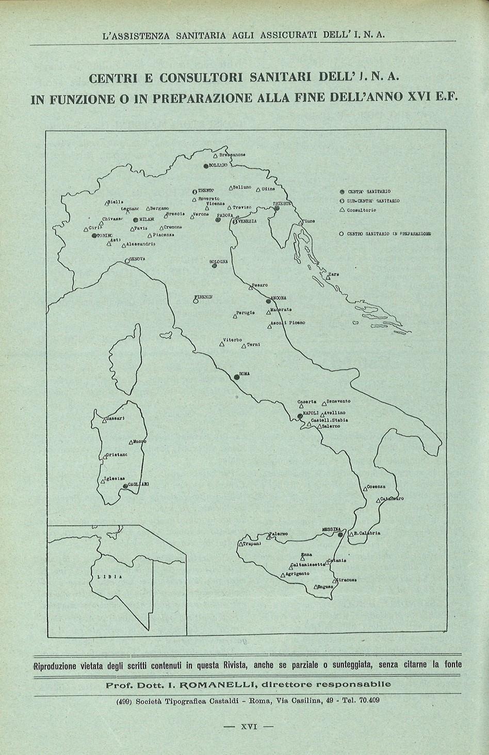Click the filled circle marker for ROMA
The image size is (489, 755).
pyautogui.click(x=237, y=376)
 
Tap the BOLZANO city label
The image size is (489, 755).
pyautogui.click(x=218, y=166)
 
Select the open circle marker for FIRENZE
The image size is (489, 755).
pyautogui.click(x=196, y=301)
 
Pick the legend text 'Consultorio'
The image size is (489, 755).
pyautogui.click(x=362, y=210)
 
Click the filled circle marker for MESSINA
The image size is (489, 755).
pyautogui.click(x=340, y=535)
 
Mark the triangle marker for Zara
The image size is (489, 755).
pyautogui.click(x=328, y=277)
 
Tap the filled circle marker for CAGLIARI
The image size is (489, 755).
pyautogui.click(x=125, y=485)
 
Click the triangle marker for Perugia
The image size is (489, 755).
pyautogui.click(x=235, y=317)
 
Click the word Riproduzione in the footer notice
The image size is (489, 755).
pyautogui.click(x=55, y=665)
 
